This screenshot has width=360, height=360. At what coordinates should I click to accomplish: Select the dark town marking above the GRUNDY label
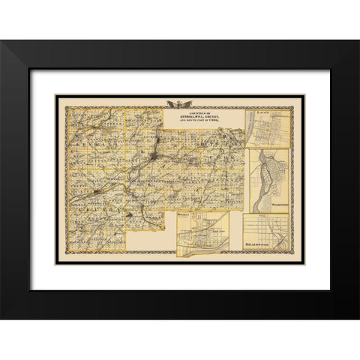pos(97,192)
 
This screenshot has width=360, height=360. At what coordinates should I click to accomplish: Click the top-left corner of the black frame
pos(2,42)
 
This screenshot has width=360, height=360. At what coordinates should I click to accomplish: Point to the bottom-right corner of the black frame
pos(357,318)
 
